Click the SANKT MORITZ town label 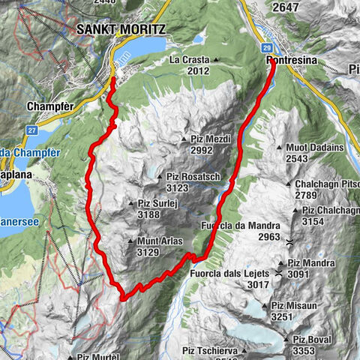point(121,28)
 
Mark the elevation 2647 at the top point(286,7)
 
